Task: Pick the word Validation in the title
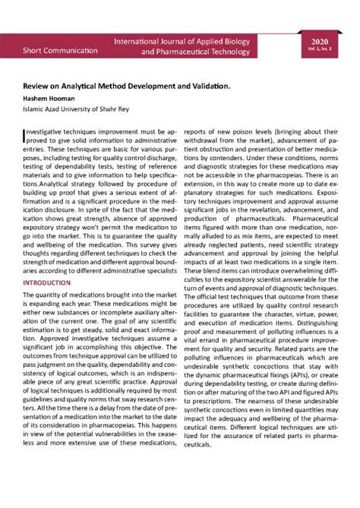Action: click(207, 88)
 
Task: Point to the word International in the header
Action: click(140, 37)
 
